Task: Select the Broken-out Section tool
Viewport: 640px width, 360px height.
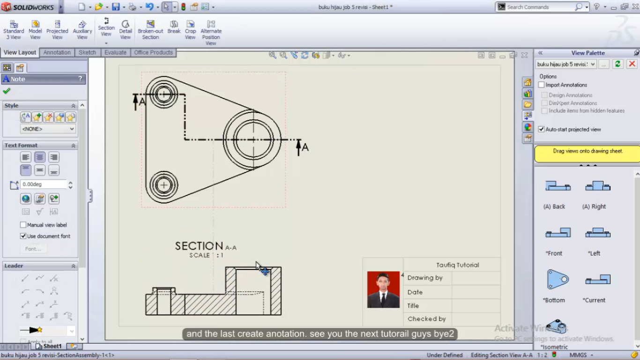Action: [150, 30]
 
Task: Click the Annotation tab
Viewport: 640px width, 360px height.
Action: [57, 52]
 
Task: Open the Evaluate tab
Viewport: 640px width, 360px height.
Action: [115, 52]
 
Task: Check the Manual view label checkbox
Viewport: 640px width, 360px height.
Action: [23, 225]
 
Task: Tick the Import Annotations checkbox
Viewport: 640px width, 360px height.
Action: [542, 85]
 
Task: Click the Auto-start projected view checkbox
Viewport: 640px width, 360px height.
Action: [542, 129]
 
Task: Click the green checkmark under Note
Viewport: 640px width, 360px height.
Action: [7, 91]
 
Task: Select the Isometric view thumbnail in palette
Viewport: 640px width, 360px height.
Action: [556, 326]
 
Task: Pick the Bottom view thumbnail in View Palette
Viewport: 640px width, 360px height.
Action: [557, 280]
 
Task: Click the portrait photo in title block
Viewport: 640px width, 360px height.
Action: [383, 290]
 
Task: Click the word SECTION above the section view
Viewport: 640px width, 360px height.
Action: [199, 246]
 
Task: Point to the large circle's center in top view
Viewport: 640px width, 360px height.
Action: [253, 139]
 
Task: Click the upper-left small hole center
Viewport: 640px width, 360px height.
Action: [164, 94]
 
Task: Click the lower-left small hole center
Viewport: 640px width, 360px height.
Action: [164, 185]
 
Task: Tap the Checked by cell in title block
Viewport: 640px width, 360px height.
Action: [426, 319]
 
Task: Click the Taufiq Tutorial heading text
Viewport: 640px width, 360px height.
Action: [457, 265]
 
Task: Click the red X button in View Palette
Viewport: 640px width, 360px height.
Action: [632, 64]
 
